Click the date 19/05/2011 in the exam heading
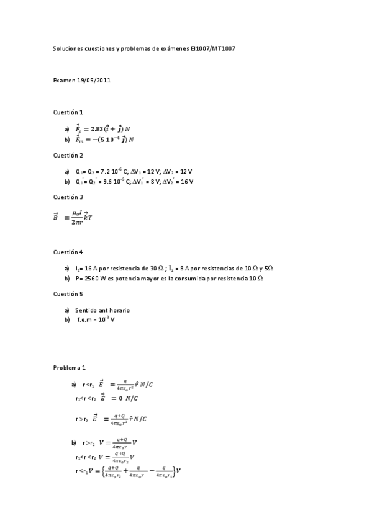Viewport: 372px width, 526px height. pyautogui.click(x=95, y=80)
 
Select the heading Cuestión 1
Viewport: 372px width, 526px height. pyautogui.click(x=68, y=112)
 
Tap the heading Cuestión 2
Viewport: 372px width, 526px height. pyautogui.click(x=68, y=155)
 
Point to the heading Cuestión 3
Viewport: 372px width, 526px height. pyautogui.click(x=68, y=197)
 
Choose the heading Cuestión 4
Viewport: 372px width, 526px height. pyautogui.click(x=68, y=252)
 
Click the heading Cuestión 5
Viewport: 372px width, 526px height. pyautogui.click(x=68, y=294)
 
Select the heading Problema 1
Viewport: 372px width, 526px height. pyautogui.click(x=69, y=367)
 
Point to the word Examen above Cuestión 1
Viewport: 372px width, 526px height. pyautogui.click(x=64, y=80)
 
